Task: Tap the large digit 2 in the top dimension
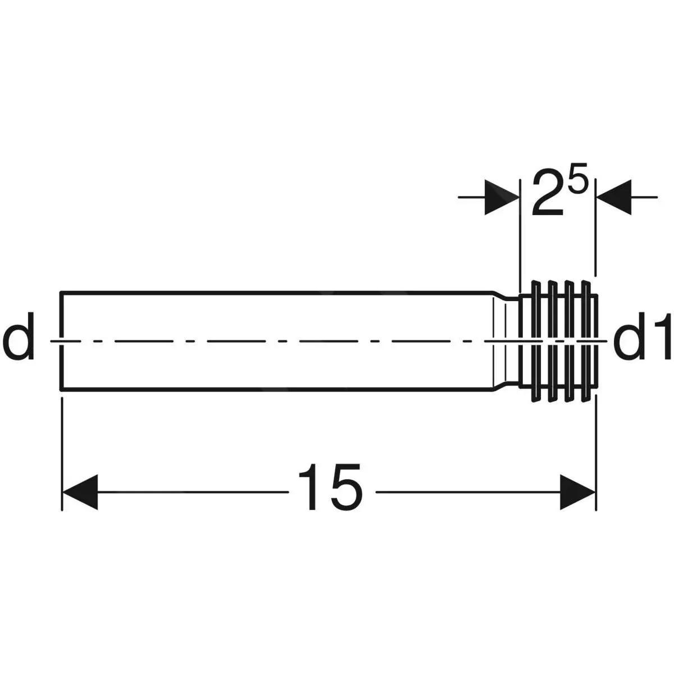548,198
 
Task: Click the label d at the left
19,336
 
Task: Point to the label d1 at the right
642,336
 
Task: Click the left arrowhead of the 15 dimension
80,492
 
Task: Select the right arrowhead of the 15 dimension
577,492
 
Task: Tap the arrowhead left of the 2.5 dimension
502,197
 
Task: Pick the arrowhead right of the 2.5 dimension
614,197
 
